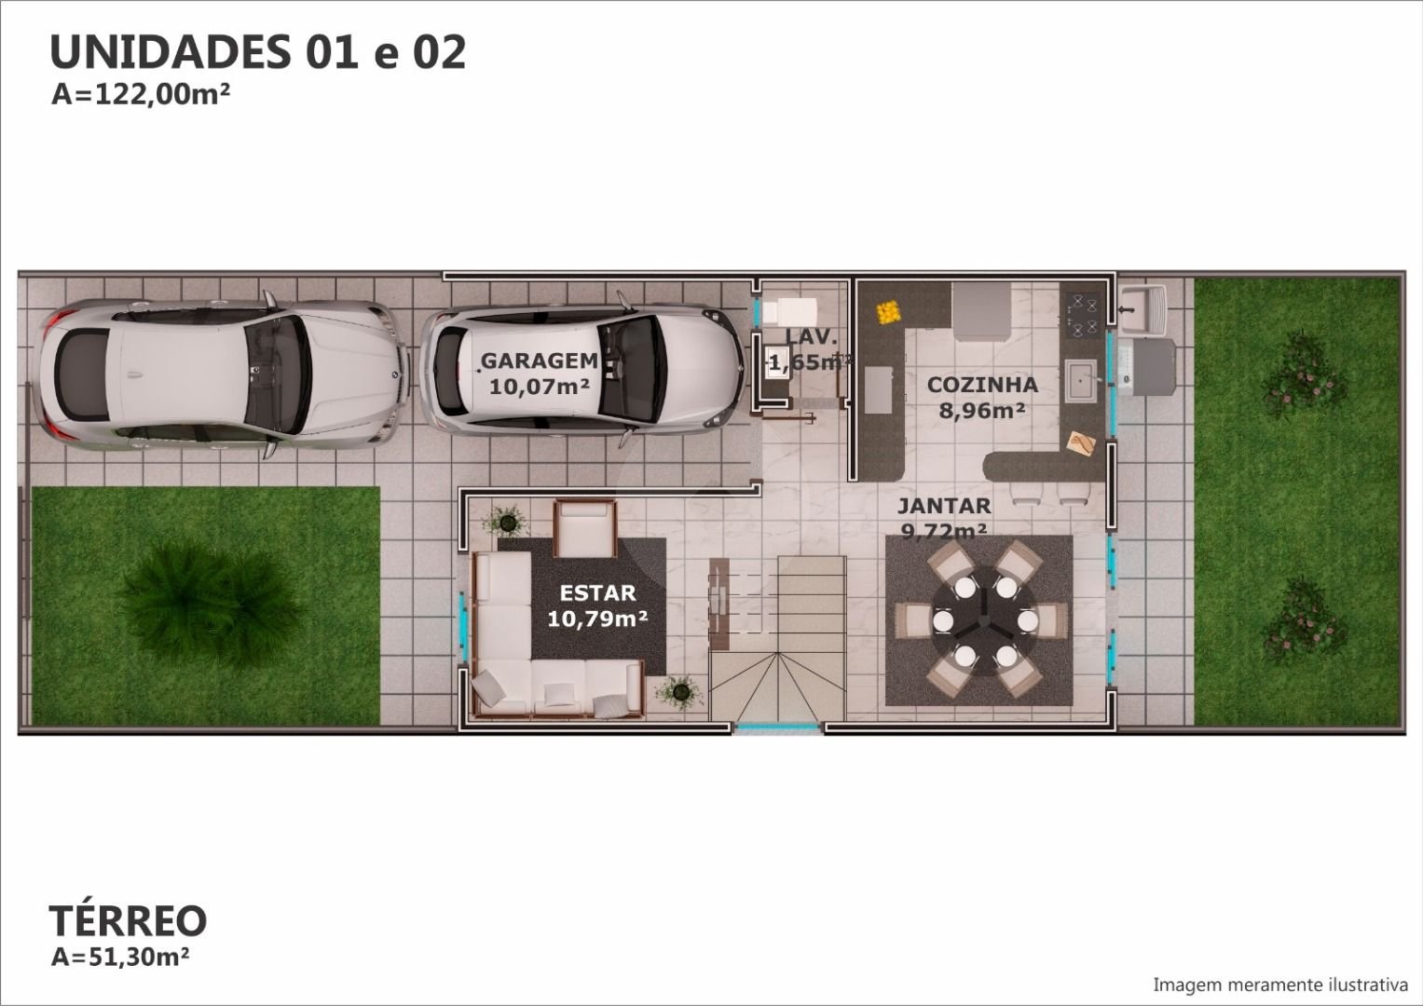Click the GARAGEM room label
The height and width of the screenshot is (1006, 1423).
tap(540, 360)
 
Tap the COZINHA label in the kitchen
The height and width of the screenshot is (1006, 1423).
tap(982, 384)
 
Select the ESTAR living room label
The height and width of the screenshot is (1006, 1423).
tap(597, 592)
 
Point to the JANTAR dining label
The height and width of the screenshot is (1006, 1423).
tap(944, 506)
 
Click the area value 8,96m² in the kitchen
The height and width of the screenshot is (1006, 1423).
tap(982, 410)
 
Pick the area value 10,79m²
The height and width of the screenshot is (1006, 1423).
tap(597, 618)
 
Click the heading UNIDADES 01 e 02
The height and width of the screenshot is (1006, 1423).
tap(258, 52)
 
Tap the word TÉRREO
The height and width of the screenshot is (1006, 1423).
tap(129, 920)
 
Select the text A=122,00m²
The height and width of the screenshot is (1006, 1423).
tap(141, 95)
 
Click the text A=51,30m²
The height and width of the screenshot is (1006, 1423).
tap(120, 957)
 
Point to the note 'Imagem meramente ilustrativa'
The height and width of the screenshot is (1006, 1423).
tap(1279, 986)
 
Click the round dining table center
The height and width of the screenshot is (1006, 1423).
tap(983, 620)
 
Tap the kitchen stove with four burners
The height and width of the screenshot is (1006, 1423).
tap(1084, 315)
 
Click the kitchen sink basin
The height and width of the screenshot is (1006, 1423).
tap(1080, 380)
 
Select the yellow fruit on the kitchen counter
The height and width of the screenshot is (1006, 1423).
tap(887, 312)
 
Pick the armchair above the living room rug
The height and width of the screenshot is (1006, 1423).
tap(584, 528)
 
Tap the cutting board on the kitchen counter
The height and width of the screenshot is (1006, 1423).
tap(1081, 442)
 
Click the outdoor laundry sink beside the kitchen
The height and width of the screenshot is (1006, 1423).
tap(1143, 309)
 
